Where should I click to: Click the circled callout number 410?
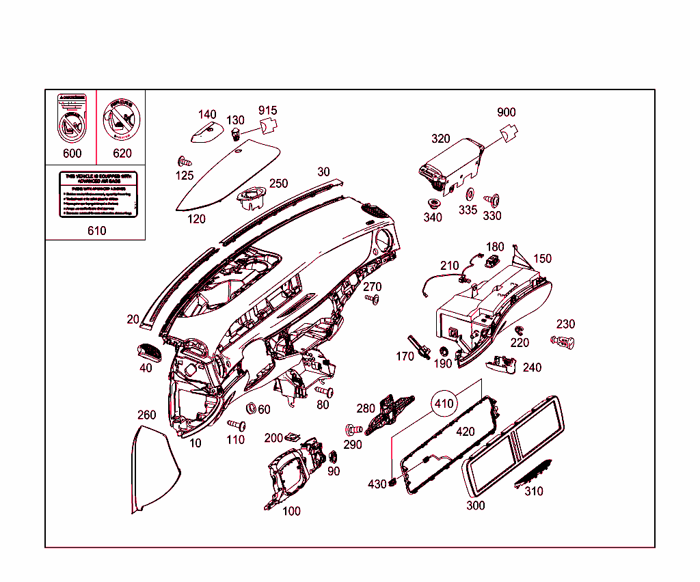point(444,404)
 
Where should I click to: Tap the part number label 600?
point(72,153)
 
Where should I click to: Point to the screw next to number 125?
point(183,162)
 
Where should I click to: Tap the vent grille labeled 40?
point(150,350)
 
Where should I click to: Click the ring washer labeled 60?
point(250,408)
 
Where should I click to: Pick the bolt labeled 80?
point(324,391)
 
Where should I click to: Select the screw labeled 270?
point(372,299)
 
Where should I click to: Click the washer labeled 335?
point(469,194)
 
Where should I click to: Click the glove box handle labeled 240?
point(504,364)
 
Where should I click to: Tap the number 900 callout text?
point(507,113)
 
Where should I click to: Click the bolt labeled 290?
point(353,430)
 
